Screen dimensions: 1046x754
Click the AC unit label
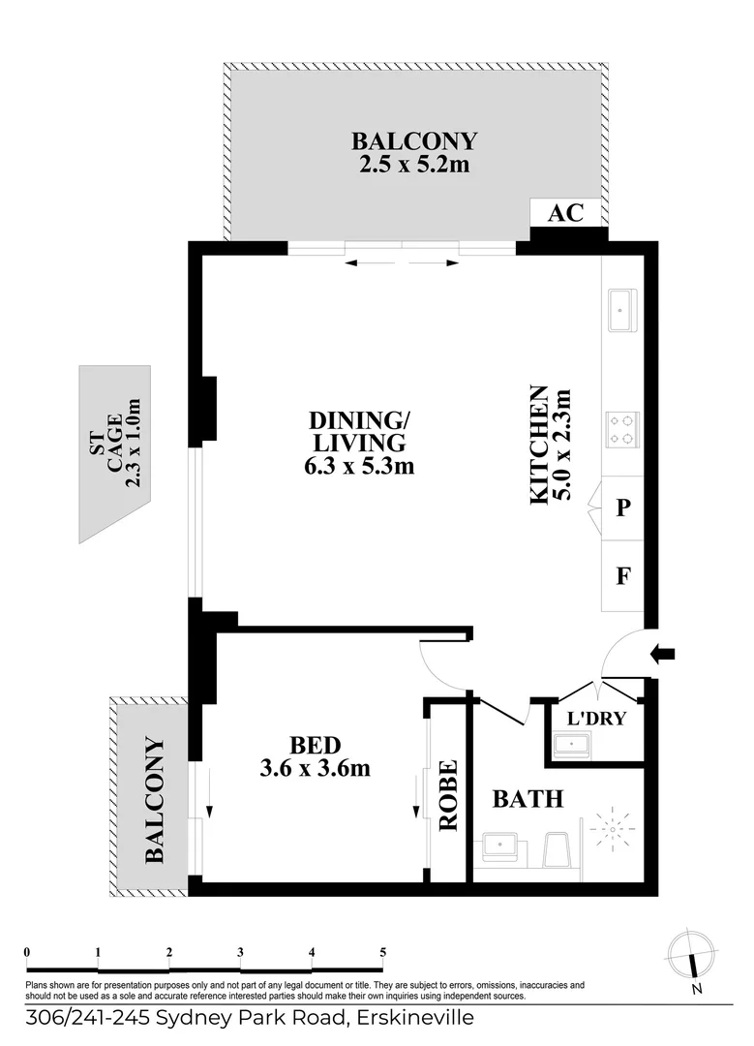point(566,213)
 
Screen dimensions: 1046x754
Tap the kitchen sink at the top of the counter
point(620,311)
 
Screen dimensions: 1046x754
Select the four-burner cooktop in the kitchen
point(620,428)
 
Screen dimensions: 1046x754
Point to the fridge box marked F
point(623,575)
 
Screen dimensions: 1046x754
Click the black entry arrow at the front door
point(663,655)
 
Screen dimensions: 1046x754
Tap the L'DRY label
point(595,719)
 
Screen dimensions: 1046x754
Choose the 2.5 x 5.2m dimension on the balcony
point(414,165)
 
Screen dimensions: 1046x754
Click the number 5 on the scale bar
point(383,952)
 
